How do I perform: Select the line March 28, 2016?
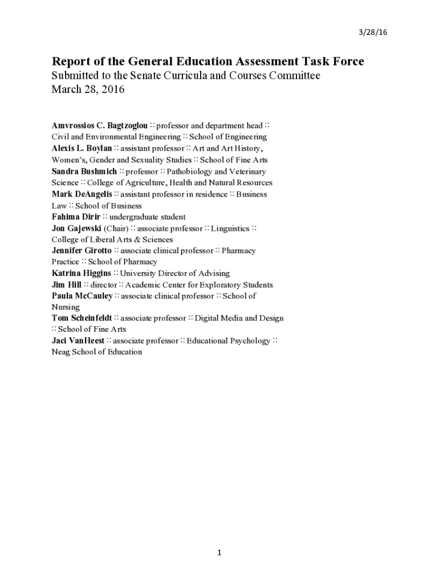pyautogui.click(x=88, y=90)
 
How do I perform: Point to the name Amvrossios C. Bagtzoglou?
pyautogui.click(x=100, y=125)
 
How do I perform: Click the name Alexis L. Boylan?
pyautogui.click(x=82, y=148)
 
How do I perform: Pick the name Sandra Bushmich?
pyautogui.click(x=84, y=171)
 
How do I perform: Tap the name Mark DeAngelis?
pyautogui.click(x=82, y=194)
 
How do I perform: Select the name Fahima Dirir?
pyautogui.click(x=76, y=217)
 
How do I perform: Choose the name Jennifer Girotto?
pyautogui.click(x=82, y=250)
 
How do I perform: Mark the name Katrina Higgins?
pyautogui.click(x=81, y=273)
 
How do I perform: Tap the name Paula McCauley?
pyautogui.click(x=82, y=296)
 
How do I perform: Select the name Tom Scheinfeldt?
pyautogui.click(x=82, y=318)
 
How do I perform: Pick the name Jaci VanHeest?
pyautogui.click(x=78, y=341)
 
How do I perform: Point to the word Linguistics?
pyautogui.click(x=230, y=228)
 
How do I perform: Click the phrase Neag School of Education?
pyautogui.click(x=96, y=352)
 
